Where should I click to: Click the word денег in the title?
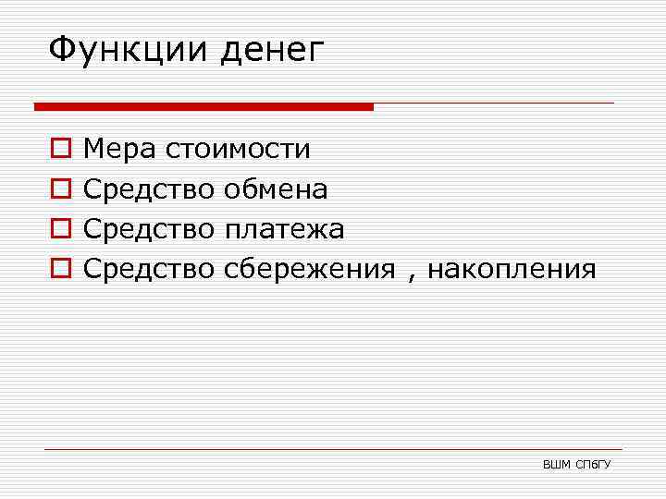pyautogui.click(x=274, y=51)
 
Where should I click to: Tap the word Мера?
pyautogui.click(x=119, y=149)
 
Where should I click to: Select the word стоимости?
pyautogui.click(x=238, y=149)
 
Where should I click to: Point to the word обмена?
pyautogui.click(x=276, y=189)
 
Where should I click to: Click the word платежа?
pyautogui.click(x=284, y=229)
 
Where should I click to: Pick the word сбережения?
pyautogui.click(x=310, y=270)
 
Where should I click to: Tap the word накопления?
pyautogui.click(x=512, y=270)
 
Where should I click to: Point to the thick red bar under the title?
pyautogui.click(x=203, y=106)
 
